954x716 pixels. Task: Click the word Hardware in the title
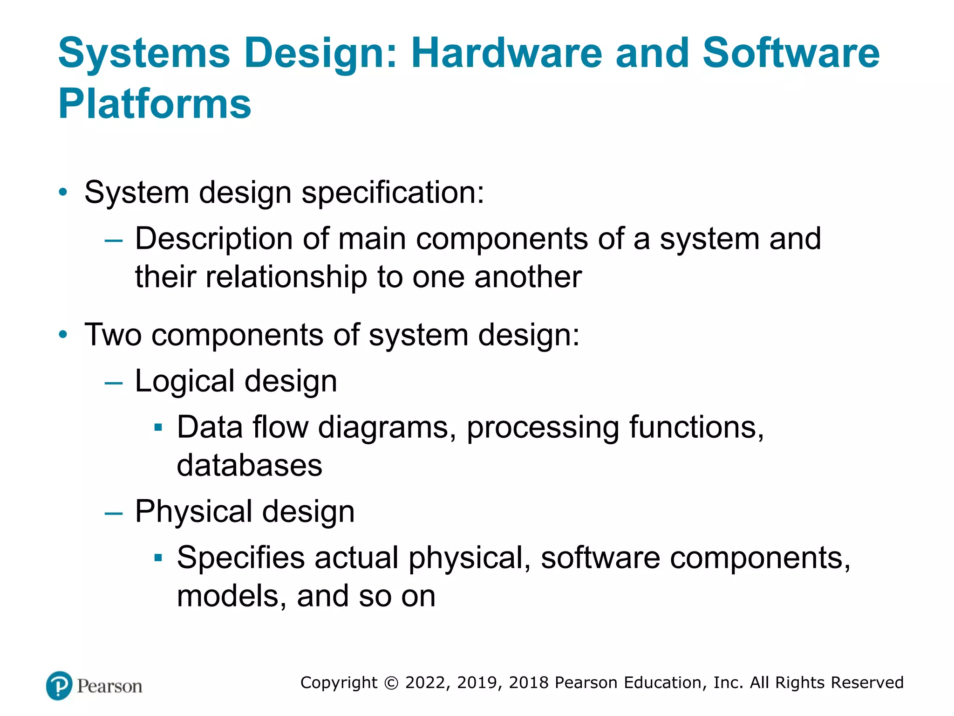[x=507, y=53]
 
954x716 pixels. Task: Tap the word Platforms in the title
[x=155, y=103]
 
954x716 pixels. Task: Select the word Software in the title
[x=790, y=53]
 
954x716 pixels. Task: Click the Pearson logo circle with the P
[x=59, y=686]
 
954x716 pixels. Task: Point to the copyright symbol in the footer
[x=391, y=683]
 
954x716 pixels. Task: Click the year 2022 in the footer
[x=426, y=683]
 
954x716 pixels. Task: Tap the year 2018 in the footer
[x=529, y=683]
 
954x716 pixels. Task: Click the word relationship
[x=286, y=277]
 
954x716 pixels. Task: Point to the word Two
[x=113, y=335]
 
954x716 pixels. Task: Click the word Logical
[x=184, y=381]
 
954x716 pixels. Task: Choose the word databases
[x=249, y=465]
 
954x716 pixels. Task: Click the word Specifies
[x=241, y=558]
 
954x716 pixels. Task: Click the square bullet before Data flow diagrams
[x=158, y=427]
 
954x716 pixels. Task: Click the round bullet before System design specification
[x=63, y=192]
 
